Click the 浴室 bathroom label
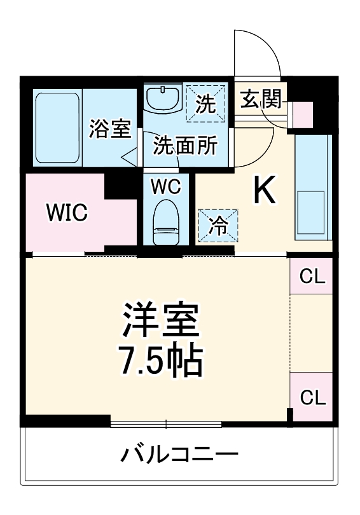(110, 130)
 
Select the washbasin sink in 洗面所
(162, 99)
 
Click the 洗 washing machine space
(205, 104)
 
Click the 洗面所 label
(184, 146)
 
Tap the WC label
(166, 187)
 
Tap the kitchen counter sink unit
(313, 188)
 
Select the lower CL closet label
(312, 398)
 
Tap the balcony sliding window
(166, 423)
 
